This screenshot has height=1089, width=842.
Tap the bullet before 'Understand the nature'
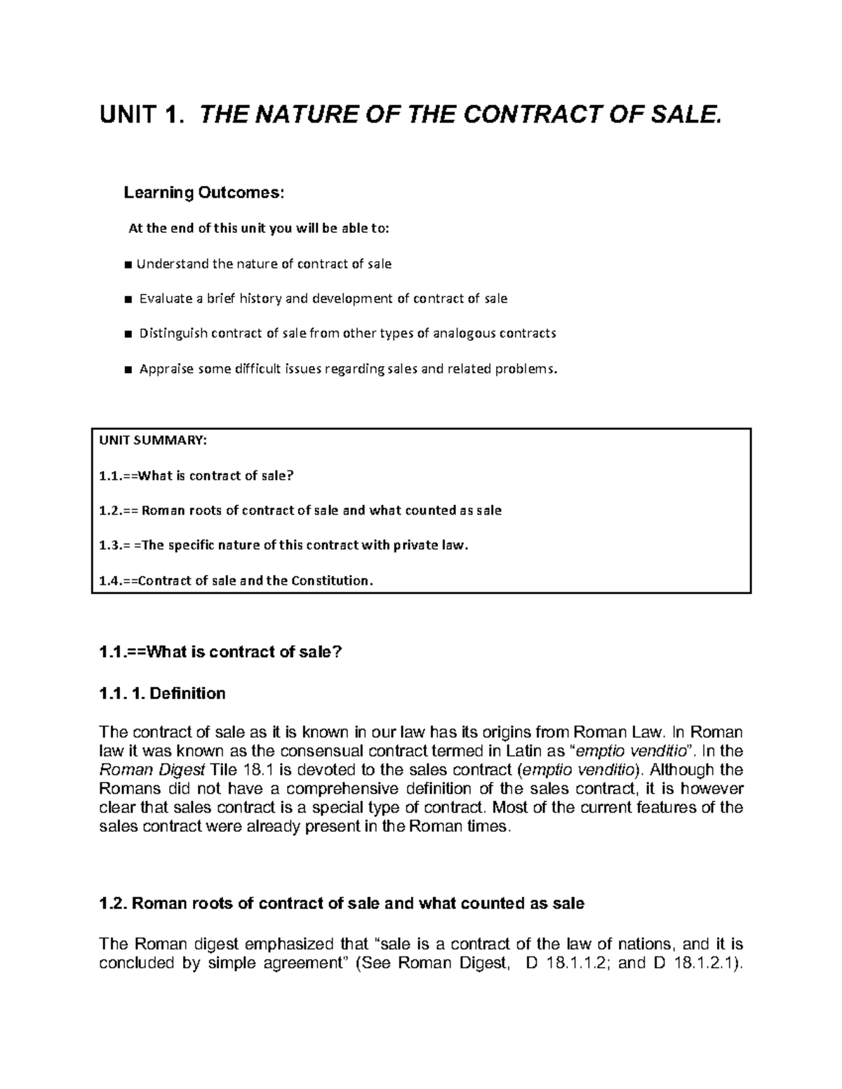click(x=127, y=265)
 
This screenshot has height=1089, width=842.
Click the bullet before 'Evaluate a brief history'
click(x=127, y=299)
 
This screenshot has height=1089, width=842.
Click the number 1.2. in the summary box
click(x=110, y=510)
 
